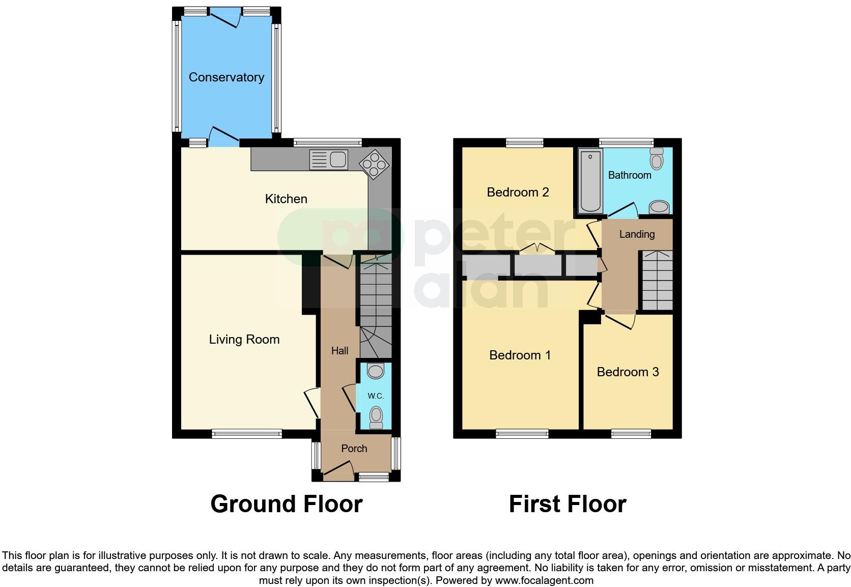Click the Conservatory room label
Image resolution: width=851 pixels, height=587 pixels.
pos(226,77)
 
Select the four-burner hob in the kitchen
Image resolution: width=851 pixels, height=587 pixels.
pos(374,164)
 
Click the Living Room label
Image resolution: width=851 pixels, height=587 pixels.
pos(244,340)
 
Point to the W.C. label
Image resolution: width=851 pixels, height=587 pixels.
pos(376,396)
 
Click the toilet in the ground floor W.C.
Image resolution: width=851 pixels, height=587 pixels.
pos(376,418)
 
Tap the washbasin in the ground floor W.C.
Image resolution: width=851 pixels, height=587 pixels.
pos(376,371)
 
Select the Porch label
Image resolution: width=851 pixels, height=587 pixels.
pos(354,449)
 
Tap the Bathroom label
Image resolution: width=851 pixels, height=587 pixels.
pos(630,175)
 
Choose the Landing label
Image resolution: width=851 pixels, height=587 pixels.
pos(637,234)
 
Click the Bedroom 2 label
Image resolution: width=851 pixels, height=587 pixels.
pos(518,192)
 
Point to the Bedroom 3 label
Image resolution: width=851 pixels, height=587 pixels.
pos(628,372)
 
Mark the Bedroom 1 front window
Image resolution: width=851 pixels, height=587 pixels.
pos(522,434)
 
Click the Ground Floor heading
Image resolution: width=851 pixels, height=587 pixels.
pos(286,504)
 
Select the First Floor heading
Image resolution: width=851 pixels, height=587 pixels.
pos(567,504)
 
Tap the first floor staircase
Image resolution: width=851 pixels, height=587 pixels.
pos(656,281)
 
